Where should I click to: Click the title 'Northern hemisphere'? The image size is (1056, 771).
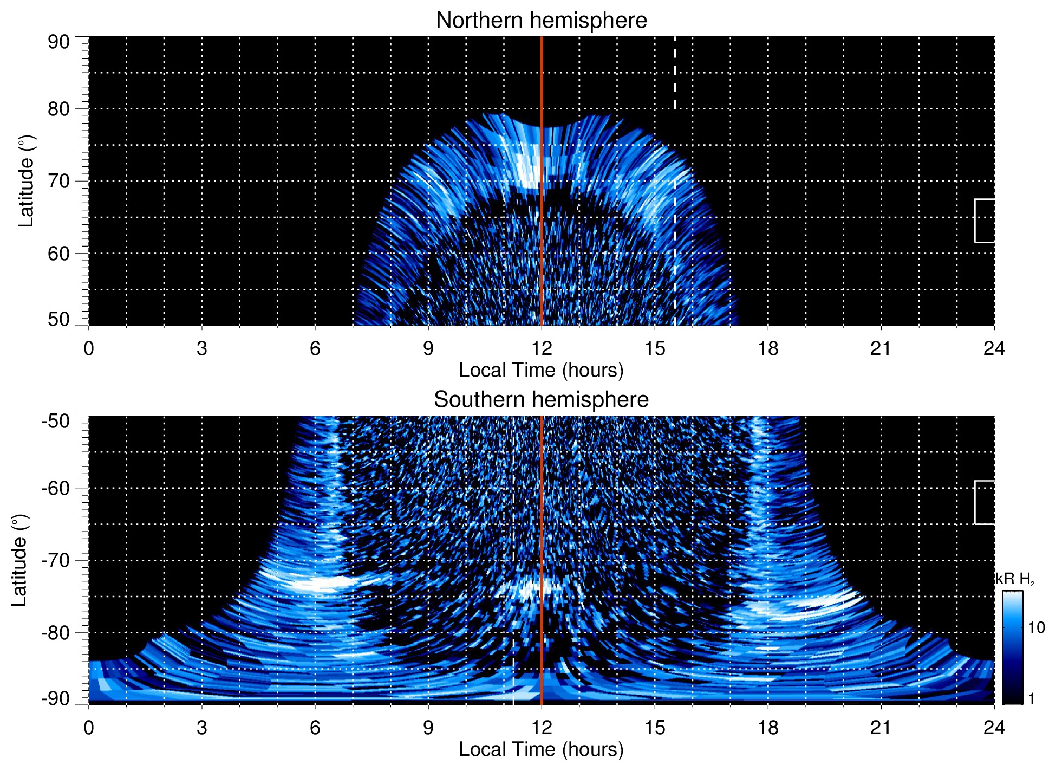[x=541, y=21]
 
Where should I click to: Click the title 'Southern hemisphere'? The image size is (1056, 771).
[x=541, y=400]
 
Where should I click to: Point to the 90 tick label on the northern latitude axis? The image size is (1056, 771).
[x=58, y=42]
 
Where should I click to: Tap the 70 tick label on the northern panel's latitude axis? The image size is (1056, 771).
[x=58, y=181]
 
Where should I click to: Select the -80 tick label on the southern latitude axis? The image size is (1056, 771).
[x=56, y=632]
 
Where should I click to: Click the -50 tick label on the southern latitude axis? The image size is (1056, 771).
[x=56, y=421]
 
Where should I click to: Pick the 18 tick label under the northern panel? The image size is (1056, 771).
[x=767, y=348]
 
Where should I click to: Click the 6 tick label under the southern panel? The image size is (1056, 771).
[x=315, y=728]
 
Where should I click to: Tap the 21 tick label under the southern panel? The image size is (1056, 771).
[x=881, y=728]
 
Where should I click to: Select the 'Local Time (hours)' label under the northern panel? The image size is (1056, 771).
[x=541, y=370]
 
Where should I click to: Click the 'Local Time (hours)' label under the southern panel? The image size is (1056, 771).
[x=541, y=749]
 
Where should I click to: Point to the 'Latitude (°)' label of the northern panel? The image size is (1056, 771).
[x=26, y=181]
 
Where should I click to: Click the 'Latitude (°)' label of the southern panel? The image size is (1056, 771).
[x=19, y=560]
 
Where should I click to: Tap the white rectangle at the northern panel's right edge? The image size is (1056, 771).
[x=985, y=221]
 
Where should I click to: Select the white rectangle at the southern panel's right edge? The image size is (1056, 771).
[x=985, y=502]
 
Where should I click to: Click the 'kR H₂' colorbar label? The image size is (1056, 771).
[x=1015, y=579]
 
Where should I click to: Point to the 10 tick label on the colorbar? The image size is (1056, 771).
[x=1036, y=627]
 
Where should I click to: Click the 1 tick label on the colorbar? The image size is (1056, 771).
[x=1031, y=699]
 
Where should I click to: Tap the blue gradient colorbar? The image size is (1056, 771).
[x=1012, y=647]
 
